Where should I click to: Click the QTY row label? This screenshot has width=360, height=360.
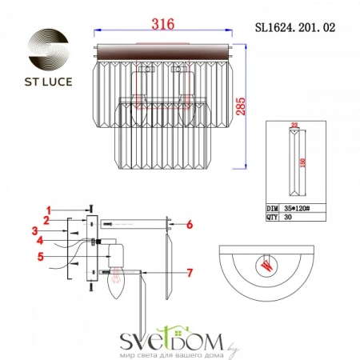coord(273,215)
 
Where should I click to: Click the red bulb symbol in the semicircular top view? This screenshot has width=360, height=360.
coord(266,266)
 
